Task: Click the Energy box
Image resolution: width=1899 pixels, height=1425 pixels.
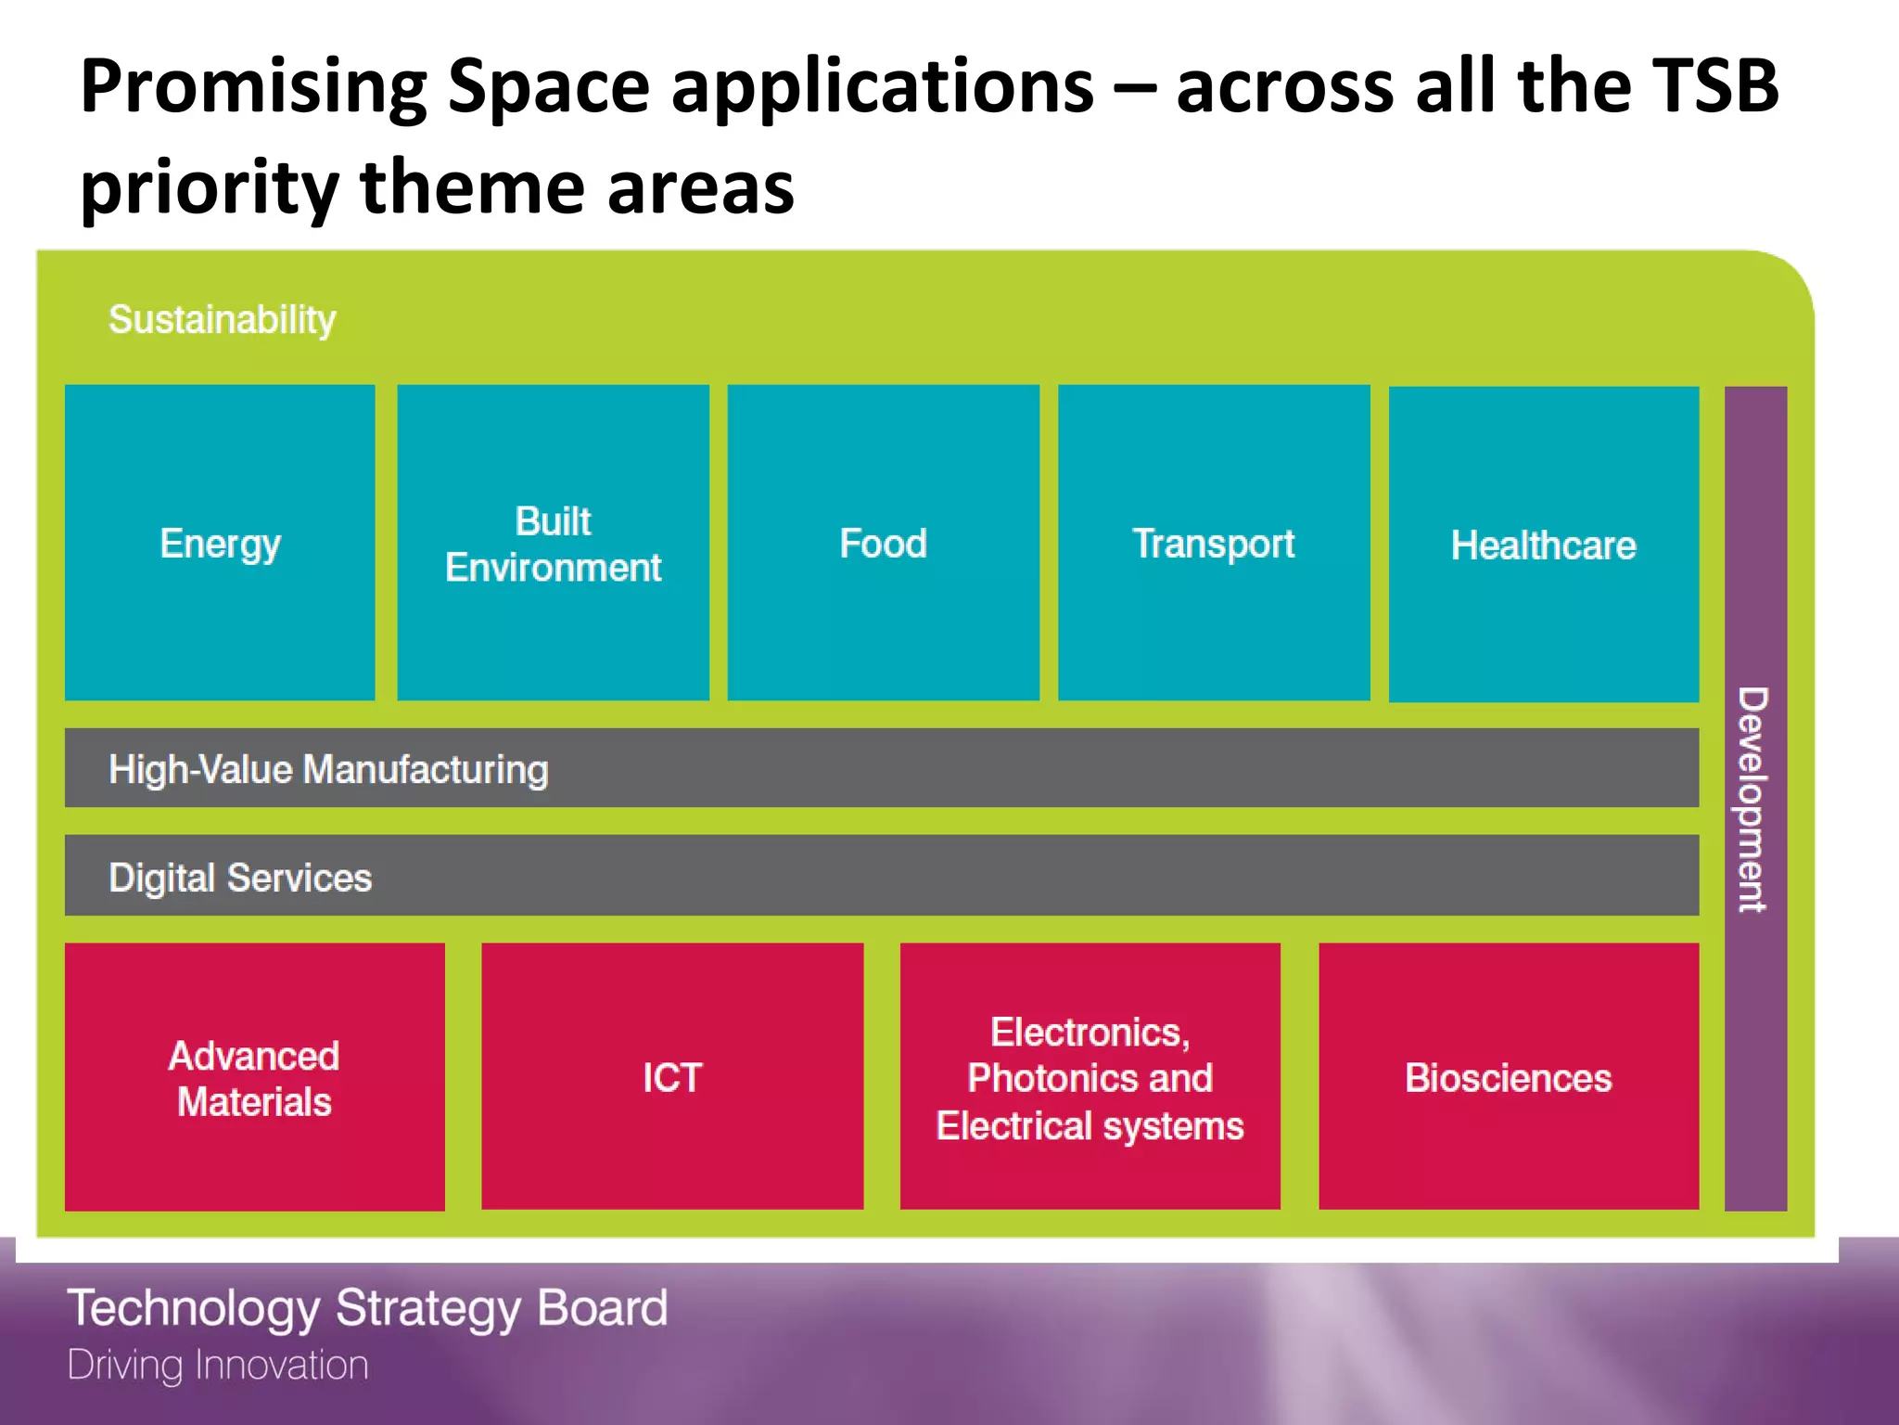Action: pyautogui.click(x=220, y=543)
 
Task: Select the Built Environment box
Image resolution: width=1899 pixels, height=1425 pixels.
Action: pyautogui.click(x=553, y=544)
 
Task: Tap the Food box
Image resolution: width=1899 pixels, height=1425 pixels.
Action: pyautogui.click(x=883, y=543)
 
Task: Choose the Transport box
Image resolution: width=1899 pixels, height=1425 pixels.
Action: pyautogui.click(x=1213, y=543)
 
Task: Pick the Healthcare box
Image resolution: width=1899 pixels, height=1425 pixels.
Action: pyautogui.click(x=1543, y=545)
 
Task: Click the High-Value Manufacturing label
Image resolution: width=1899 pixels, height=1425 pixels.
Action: pyautogui.click(x=328, y=769)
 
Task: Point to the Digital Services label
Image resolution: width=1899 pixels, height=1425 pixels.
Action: pyautogui.click(x=240, y=878)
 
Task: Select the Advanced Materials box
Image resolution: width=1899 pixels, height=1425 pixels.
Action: pyautogui.click(x=254, y=1078)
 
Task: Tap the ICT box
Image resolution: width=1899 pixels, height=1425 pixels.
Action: pyautogui.click(x=672, y=1077)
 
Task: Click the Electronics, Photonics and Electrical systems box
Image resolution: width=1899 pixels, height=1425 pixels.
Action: pyautogui.click(x=1090, y=1078)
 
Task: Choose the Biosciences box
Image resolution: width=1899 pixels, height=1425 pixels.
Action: pyautogui.click(x=1508, y=1078)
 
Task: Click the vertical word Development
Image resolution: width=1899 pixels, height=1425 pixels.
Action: pyautogui.click(x=1752, y=800)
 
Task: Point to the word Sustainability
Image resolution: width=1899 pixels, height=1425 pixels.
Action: pyautogui.click(x=223, y=320)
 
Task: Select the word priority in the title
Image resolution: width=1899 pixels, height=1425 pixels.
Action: pyautogui.click(x=210, y=188)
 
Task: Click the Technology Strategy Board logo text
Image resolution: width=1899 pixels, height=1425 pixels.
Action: pyautogui.click(x=367, y=1308)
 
